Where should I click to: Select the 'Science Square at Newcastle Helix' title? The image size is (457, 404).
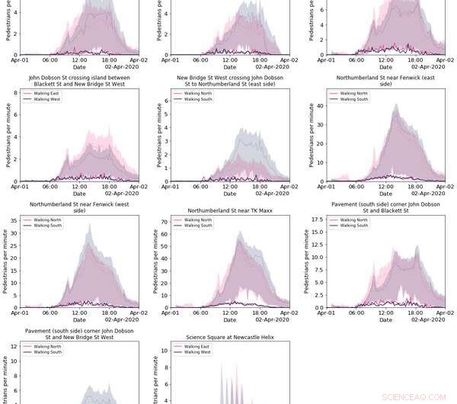pos(230,337)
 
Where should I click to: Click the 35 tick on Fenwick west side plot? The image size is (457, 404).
pos(13,222)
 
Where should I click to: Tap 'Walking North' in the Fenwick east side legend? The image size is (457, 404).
pos(353,93)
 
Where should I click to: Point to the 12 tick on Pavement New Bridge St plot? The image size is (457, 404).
pos(13,347)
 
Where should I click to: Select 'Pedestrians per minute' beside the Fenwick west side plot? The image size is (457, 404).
pos(5,261)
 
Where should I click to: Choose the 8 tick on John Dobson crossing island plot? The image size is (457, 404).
pos(14,93)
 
